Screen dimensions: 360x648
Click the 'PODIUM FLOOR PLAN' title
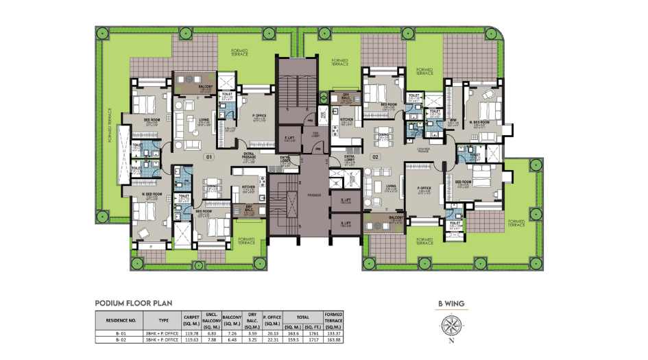pyautogui.click(x=133, y=302)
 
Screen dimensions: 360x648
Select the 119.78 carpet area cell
pyautogui.click(x=191, y=332)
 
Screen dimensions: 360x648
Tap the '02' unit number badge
pyautogui.click(x=375, y=157)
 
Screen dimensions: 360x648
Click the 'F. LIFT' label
pyautogui.click(x=289, y=138)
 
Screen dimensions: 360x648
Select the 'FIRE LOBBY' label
pyautogui.click(x=317, y=134)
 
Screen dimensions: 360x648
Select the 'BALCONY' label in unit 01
pyautogui.click(x=205, y=87)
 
